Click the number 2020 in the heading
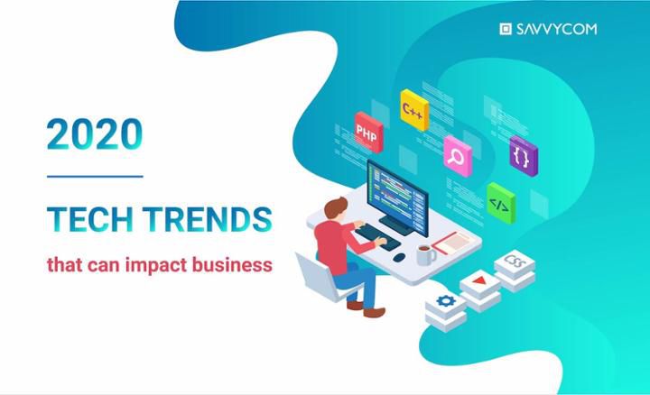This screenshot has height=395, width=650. tap(95, 133)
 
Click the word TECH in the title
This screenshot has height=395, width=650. tap(90, 219)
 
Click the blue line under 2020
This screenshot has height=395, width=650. tap(95, 177)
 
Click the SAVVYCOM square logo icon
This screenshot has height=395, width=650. tap(506, 29)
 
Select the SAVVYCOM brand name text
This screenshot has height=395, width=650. tap(556, 29)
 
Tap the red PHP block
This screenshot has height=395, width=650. tap(368, 132)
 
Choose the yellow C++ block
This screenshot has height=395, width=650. tap(414, 110)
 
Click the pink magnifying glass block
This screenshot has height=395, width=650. tap(458, 156)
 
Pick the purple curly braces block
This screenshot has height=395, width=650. tap(524, 156)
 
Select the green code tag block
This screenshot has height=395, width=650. tap(501, 203)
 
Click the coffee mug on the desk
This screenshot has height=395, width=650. tap(425, 255)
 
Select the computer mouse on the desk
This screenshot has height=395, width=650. tap(399, 257)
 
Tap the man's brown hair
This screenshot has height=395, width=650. tap(335, 207)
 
